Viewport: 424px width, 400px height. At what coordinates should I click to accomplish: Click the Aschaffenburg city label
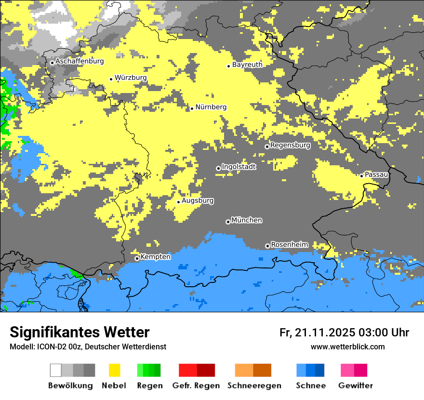click(x=79, y=61)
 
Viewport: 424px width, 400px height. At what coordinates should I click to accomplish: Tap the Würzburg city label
click(x=131, y=78)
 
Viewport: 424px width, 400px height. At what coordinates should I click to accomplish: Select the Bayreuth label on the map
click(x=247, y=65)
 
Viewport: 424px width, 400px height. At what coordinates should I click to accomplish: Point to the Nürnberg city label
click(x=211, y=107)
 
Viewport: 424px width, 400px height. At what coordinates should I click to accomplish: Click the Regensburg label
click(x=290, y=145)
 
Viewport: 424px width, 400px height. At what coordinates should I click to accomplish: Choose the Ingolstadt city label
click(x=238, y=167)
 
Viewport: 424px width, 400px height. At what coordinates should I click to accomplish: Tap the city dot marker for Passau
click(x=361, y=176)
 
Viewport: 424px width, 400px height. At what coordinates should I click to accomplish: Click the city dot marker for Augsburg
click(x=178, y=202)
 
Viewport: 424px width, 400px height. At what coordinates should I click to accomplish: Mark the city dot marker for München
click(x=228, y=222)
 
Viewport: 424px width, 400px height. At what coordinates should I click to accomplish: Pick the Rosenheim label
click(x=289, y=245)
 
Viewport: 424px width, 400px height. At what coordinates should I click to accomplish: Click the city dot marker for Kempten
click(x=137, y=258)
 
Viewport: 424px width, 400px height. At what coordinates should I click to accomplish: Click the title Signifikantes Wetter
click(x=79, y=333)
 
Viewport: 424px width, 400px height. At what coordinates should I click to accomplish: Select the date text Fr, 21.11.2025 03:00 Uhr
click(x=344, y=333)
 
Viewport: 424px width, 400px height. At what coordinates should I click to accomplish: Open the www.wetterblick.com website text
click(x=347, y=347)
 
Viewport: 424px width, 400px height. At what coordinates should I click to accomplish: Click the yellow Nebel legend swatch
click(x=114, y=370)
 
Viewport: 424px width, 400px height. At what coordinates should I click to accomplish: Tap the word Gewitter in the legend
click(x=355, y=386)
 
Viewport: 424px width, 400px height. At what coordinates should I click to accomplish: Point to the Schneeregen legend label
click(x=254, y=386)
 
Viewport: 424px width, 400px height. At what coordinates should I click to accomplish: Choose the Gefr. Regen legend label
click(x=196, y=386)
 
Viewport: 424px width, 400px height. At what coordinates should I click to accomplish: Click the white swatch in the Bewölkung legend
click(x=56, y=370)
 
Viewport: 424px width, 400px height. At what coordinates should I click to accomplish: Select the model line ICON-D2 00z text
click(x=88, y=347)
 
